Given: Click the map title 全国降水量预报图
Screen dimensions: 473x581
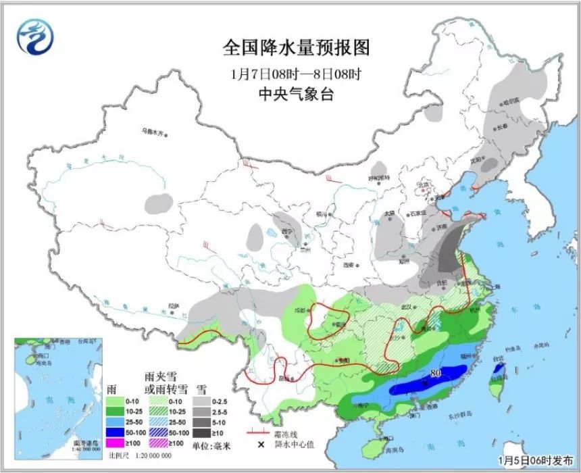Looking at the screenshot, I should (x=297, y=48).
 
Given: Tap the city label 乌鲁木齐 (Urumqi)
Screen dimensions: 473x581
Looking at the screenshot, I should (x=151, y=132).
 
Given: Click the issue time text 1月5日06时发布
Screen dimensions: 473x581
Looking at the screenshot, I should (x=533, y=461).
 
